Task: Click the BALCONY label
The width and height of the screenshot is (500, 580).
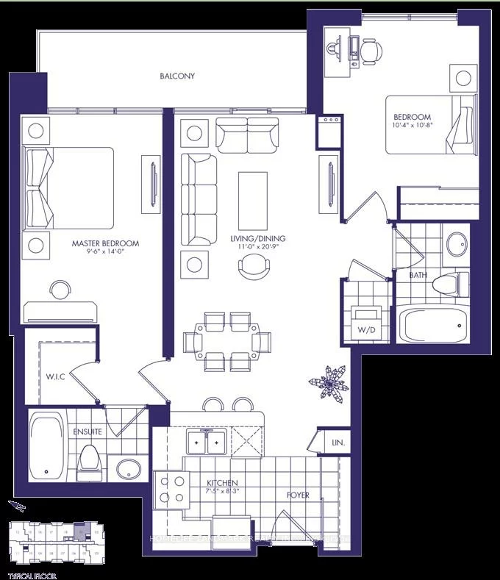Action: [x=176, y=76]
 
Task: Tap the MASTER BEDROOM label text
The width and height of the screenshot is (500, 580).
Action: [x=105, y=243]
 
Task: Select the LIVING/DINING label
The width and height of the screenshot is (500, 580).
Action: [x=257, y=239]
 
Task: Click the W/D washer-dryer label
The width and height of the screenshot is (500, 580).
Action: [x=366, y=330]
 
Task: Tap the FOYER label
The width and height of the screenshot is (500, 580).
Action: [x=298, y=495]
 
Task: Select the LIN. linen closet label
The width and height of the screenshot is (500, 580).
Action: [x=339, y=443]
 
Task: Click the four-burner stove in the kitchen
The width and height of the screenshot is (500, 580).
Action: [x=171, y=489]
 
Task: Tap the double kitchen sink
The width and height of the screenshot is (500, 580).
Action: [x=206, y=443]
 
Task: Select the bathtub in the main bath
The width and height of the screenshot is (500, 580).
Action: [x=432, y=324]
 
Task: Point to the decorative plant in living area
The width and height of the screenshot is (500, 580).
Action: [x=329, y=382]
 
